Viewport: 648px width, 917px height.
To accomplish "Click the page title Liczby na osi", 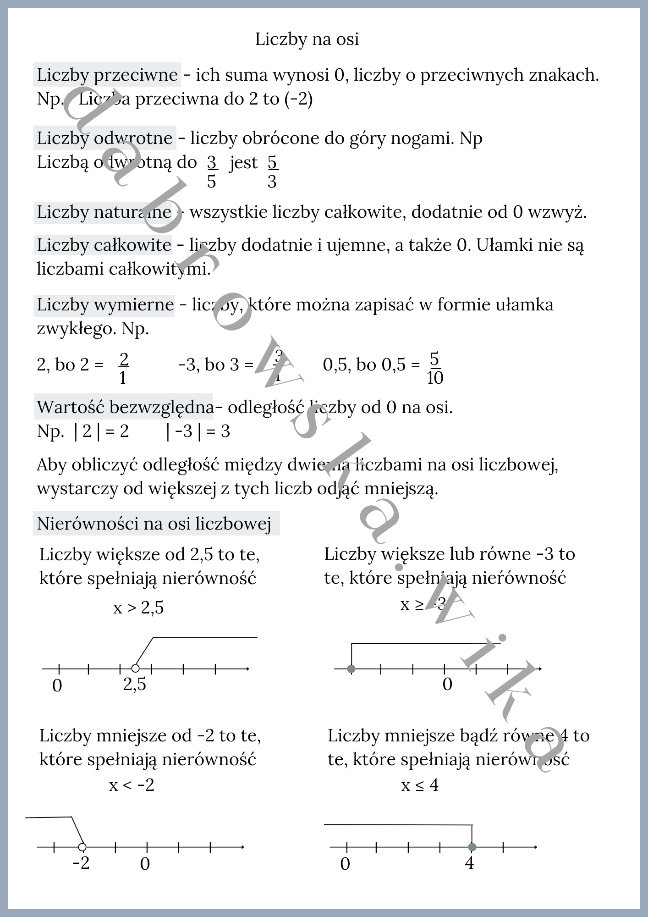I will click(x=307, y=39).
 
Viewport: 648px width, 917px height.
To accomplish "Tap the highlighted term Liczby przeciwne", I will click(x=107, y=75).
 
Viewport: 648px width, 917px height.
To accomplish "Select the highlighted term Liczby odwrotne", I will click(x=104, y=138).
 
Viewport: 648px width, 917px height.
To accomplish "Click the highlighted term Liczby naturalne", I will click(x=104, y=212).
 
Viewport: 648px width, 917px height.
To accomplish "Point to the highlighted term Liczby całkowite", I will click(x=104, y=245).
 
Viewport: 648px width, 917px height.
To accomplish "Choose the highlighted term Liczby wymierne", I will click(x=105, y=305).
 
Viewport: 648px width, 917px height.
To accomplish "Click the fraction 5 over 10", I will click(x=435, y=368).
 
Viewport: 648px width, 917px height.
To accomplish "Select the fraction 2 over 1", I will click(x=123, y=368).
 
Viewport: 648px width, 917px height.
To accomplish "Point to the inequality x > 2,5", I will click(x=138, y=608).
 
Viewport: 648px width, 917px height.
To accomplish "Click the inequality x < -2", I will click(x=132, y=785).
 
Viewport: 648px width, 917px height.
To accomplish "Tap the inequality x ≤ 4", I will click(x=420, y=785).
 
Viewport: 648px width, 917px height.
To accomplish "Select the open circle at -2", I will click(x=82, y=847).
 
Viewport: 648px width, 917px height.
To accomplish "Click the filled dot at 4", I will click(x=472, y=847).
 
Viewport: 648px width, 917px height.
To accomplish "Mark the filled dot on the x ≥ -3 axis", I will click(x=351, y=669).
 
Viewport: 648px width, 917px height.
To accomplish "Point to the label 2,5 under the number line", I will click(x=135, y=685).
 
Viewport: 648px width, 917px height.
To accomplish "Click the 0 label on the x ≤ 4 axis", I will click(x=345, y=864).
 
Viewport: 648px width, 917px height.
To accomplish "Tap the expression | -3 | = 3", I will click(x=198, y=431).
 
